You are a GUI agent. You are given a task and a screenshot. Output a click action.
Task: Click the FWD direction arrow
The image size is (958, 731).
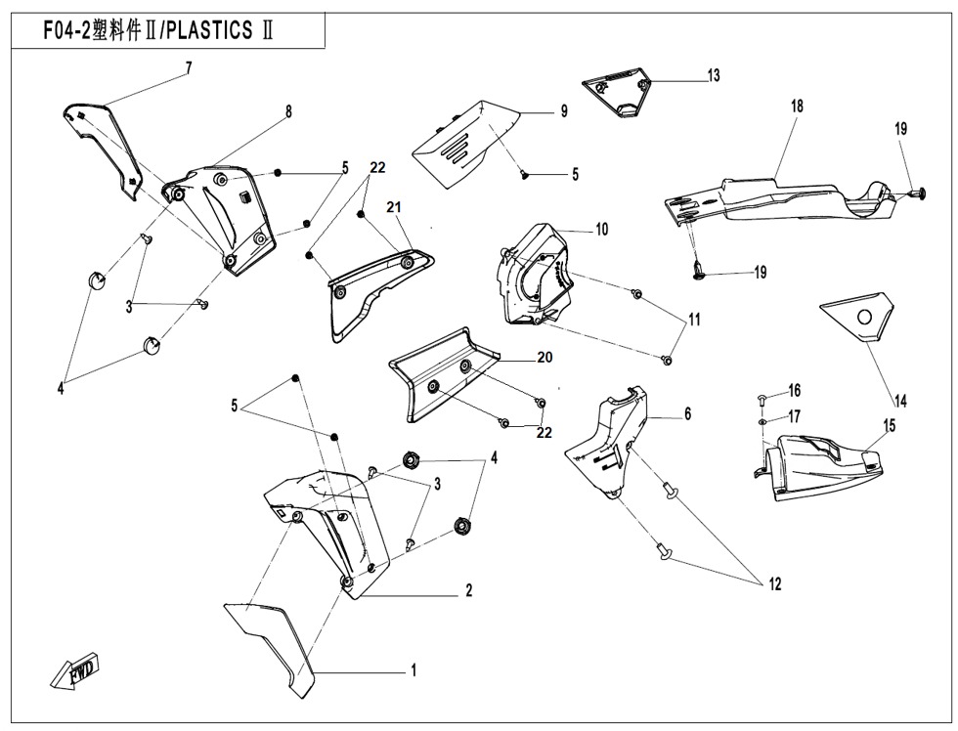point(74,674)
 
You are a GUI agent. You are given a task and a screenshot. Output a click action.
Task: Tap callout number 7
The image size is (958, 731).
point(189,67)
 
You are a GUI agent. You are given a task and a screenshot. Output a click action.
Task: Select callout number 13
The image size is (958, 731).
point(714,75)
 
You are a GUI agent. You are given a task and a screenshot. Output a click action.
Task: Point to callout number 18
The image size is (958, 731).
point(797,106)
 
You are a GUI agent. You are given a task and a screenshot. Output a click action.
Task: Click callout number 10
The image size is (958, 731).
point(602,230)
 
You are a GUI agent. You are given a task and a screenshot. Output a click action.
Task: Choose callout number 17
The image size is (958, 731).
point(794,415)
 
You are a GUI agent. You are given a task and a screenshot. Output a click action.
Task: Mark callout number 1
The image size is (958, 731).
point(414,670)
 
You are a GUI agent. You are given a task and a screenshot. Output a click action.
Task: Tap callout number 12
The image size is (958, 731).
point(774,584)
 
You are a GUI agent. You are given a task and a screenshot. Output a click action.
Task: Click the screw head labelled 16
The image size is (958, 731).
point(762,398)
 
